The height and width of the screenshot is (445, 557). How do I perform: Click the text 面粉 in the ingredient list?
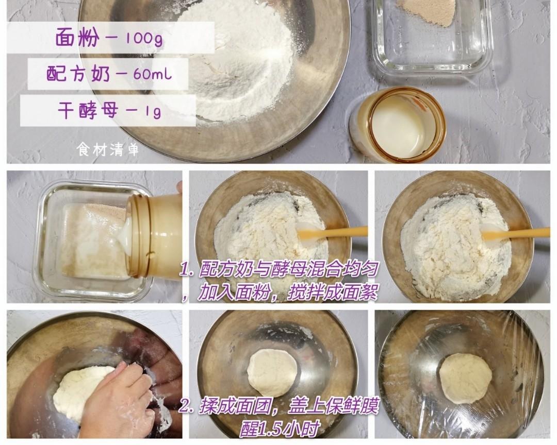point(77,37)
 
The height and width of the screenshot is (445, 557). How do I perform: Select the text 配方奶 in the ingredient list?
point(78,74)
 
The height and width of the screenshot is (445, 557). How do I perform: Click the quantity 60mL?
point(153,74)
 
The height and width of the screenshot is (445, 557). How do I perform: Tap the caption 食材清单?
point(108,149)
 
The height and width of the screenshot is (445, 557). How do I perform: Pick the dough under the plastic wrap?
point(466,378)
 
